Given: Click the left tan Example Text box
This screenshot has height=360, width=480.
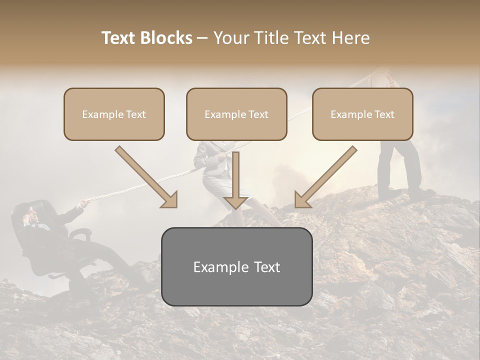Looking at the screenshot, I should click(x=114, y=114).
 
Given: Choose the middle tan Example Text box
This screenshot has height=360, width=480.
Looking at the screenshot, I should click(x=236, y=114).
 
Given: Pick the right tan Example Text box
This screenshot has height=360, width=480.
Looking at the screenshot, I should click(x=362, y=114).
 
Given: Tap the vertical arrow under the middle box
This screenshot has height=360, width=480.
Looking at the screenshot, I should click(x=236, y=180).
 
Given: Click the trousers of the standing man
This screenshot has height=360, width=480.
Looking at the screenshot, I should click(x=400, y=165).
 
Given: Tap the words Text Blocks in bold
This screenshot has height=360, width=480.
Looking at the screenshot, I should click(x=146, y=38).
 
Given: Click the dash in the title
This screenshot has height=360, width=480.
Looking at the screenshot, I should click(x=202, y=38).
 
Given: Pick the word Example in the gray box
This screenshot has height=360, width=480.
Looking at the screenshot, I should click(x=219, y=267).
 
